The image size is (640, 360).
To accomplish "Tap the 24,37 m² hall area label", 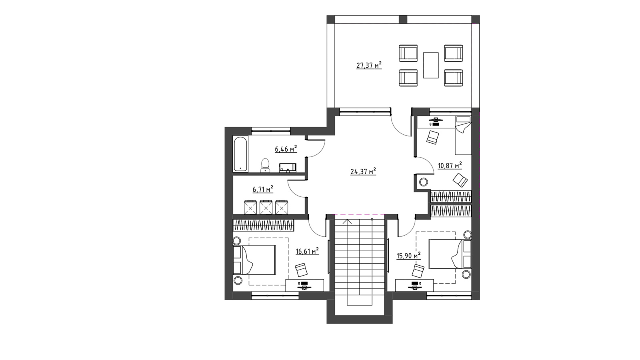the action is pyautogui.click(x=363, y=172).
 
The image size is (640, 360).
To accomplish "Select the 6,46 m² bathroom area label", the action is pyautogui.click(x=286, y=149).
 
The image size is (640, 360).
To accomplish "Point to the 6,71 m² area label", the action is pyautogui.click(x=262, y=189).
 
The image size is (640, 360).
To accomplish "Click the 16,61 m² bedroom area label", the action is pyautogui.click(x=307, y=251).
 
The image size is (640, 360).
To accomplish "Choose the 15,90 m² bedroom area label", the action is pyautogui.click(x=408, y=255).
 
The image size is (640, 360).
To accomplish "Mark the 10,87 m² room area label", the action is pyautogui.click(x=450, y=166).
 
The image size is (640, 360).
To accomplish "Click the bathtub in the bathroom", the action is pyautogui.click(x=240, y=154).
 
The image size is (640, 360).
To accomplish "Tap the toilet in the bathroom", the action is pyautogui.click(x=266, y=166).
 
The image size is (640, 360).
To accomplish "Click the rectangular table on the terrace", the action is pyautogui.click(x=431, y=65).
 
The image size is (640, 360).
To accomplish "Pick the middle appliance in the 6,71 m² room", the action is pyautogui.click(x=266, y=207).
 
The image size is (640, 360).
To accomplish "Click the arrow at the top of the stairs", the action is pyautogui.click(x=348, y=222).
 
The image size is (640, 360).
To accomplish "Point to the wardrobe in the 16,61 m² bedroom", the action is pyautogui.click(x=264, y=225).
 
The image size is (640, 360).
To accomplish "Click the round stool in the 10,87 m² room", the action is pyautogui.click(x=424, y=182).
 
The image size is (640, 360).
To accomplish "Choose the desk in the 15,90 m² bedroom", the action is pyautogui.click(x=414, y=285).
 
